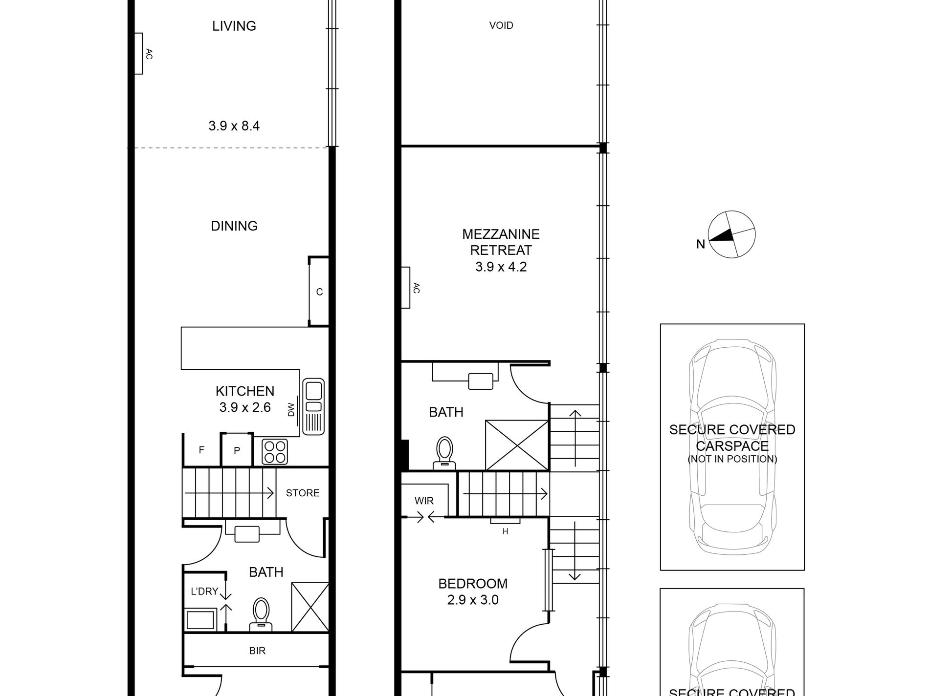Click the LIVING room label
(234, 26)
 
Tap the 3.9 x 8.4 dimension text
(234, 126)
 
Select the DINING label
(234, 226)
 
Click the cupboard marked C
(319, 292)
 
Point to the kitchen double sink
(313, 406)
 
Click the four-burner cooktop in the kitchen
(275, 452)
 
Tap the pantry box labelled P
(237, 450)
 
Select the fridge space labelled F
(201, 450)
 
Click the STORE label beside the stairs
(302, 493)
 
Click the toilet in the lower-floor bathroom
(261, 613)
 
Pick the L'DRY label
(204, 591)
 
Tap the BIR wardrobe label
(257, 651)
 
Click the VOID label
(501, 25)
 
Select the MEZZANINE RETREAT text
(501, 242)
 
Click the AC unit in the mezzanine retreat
(406, 288)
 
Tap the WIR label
(424, 501)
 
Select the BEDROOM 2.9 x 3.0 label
(472, 591)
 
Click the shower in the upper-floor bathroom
(517, 445)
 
